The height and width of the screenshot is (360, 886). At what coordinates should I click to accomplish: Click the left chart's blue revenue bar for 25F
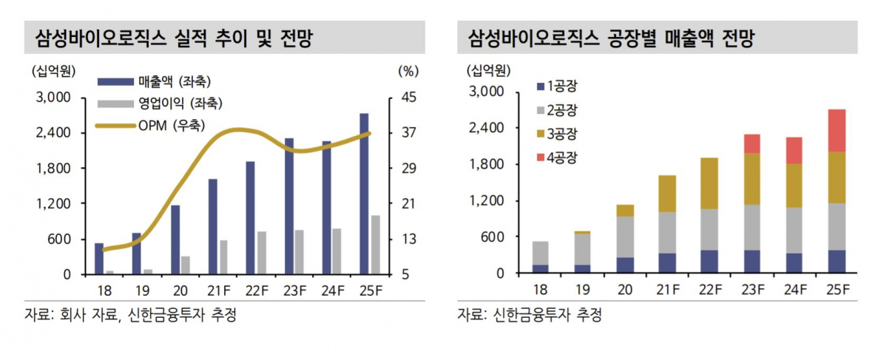(364, 194)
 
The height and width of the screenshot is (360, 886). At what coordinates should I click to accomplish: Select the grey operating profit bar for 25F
(376, 245)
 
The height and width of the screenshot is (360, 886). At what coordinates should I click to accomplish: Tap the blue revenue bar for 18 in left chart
(99, 258)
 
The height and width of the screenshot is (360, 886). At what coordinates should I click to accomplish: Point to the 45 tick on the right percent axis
(409, 98)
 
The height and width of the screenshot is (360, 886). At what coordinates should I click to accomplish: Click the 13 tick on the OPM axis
(409, 240)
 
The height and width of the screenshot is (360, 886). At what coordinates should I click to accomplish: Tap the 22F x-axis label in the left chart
(256, 290)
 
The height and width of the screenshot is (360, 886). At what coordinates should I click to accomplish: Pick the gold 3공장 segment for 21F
(668, 194)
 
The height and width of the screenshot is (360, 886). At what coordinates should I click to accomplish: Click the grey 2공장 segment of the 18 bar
(541, 253)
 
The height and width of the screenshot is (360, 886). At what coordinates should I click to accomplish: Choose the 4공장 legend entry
(561, 157)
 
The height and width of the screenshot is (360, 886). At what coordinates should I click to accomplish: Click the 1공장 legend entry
(561, 86)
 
